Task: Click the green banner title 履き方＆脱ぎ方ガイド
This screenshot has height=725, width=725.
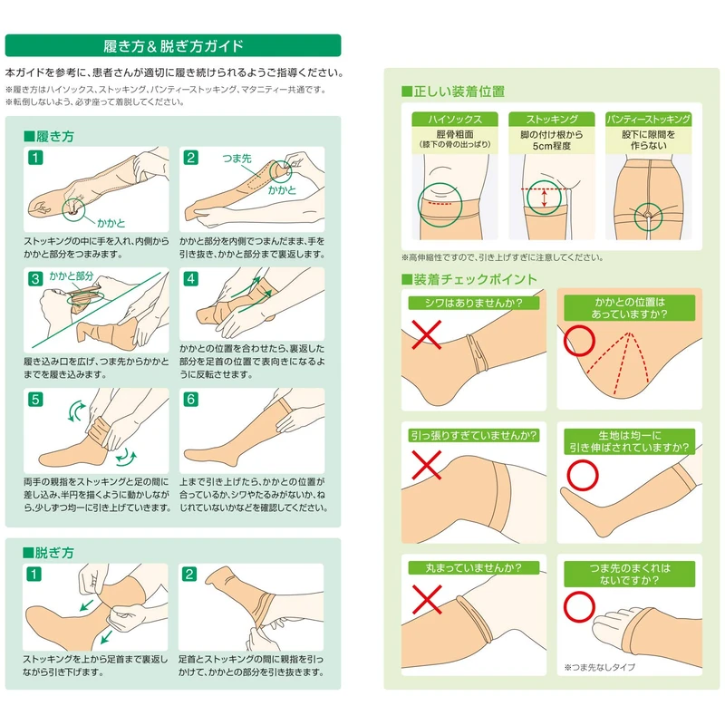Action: point(173,46)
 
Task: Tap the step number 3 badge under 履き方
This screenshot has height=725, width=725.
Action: point(35,279)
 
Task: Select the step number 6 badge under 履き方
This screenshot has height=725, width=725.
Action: point(191,399)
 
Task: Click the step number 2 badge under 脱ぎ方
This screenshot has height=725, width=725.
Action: point(189,575)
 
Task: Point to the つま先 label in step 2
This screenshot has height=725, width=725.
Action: point(237,159)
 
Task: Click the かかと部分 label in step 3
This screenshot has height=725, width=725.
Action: point(72,276)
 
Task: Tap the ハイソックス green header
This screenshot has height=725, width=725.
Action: point(455,120)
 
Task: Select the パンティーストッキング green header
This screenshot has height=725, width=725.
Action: point(648,120)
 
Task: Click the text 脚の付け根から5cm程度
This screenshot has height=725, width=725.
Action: point(552,140)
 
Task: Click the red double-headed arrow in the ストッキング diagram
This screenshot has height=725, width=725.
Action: point(545,198)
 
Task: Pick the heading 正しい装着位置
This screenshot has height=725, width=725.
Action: point(453,92)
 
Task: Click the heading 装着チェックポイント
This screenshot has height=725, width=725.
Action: point(469,279)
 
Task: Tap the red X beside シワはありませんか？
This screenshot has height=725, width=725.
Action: point(426,334)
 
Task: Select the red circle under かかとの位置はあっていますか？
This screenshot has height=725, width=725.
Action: point(579,341)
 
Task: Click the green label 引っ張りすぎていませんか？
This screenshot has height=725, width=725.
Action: point(474,436)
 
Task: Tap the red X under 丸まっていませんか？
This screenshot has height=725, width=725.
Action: point(426,599)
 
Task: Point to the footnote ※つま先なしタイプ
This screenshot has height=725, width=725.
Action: point(599,667)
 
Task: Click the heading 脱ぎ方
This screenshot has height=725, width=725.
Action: point(48,553)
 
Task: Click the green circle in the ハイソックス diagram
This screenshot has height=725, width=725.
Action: point(440,205)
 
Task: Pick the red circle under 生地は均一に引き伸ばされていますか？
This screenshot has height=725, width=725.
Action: point(583,475)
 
